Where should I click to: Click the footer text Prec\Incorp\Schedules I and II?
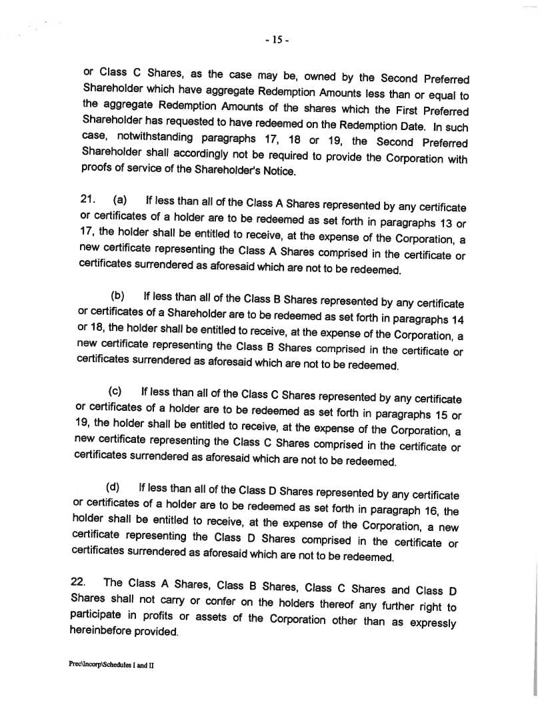[111, 665]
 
